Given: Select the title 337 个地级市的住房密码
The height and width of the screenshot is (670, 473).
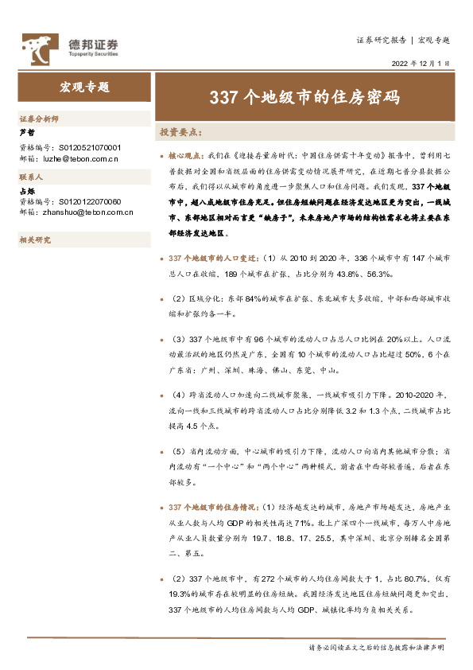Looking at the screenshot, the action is (x=304, y=97).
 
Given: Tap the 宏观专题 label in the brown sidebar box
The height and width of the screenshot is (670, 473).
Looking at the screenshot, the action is (x=84, y=88).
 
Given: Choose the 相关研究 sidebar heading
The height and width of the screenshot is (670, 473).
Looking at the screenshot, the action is (x=35, y=240).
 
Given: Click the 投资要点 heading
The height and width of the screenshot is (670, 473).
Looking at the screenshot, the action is (x=181, y=132).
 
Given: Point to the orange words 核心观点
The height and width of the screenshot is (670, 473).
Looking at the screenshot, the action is (x=187, y=157).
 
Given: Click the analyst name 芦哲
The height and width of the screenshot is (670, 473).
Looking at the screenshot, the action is (x=27, y=133).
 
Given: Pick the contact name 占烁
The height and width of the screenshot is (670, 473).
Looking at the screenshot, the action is (x=27, y=191).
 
